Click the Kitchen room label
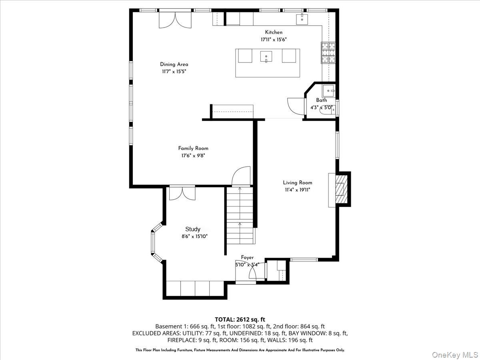[x=274, y=32]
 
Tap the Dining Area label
[x=174, y=64]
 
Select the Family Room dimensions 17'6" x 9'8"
[x=193, y=156]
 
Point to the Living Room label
[x=298, y=183]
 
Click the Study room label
[x=192, y=229]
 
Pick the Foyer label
[x=247, y=258]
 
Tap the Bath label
[x=321, y=100]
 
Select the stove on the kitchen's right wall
[x=328, y=54]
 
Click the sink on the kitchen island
[x=266, y=57]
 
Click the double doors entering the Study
[x=182, y=193]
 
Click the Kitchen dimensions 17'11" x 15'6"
[x=274, y=40]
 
